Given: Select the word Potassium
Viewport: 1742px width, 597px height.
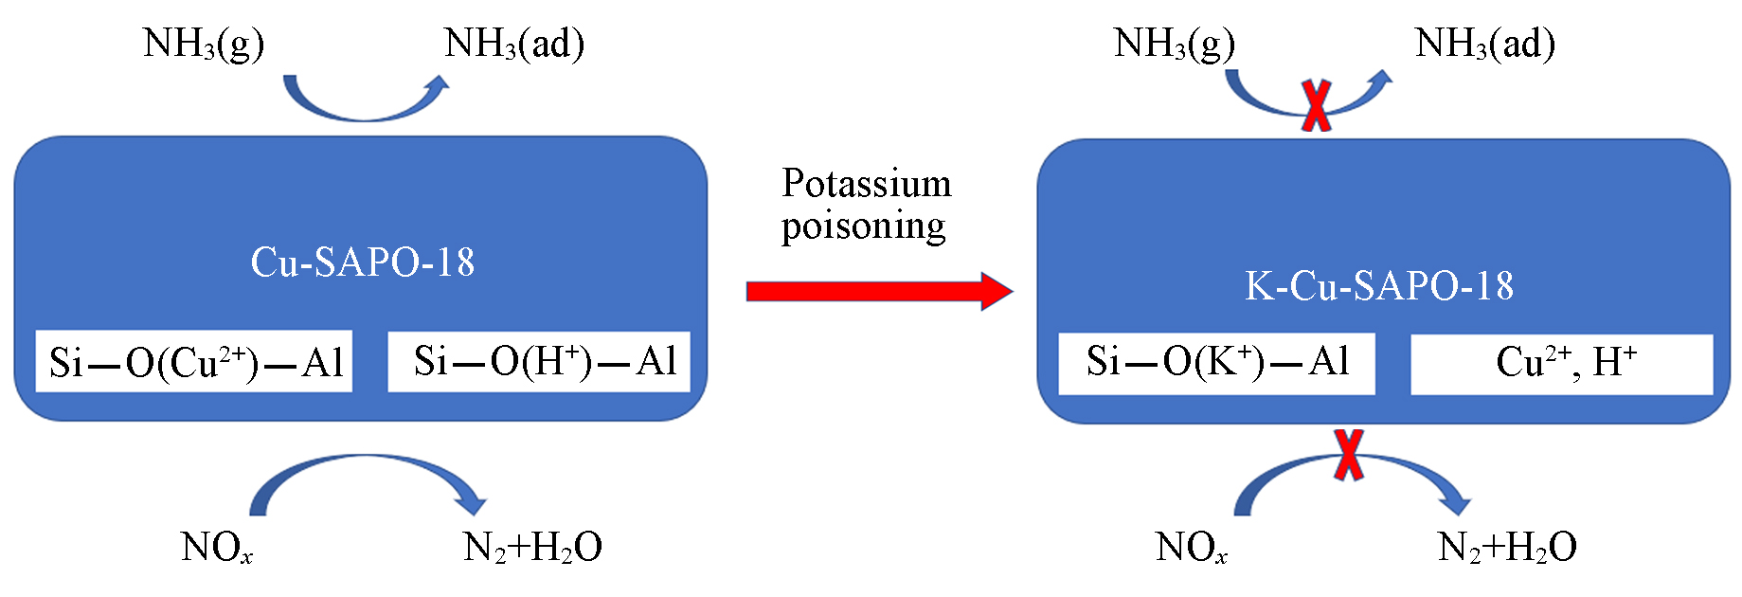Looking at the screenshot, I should [x=866, y=184].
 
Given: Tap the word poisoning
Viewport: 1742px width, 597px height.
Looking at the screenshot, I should [x=863, y=226].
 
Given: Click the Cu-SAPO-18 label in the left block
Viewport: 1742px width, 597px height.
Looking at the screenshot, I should [x=362, y=262].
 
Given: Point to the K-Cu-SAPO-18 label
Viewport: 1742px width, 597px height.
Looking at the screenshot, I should [x=1378, y=286].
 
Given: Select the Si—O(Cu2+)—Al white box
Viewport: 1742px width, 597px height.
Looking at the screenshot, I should [x=194, y=362].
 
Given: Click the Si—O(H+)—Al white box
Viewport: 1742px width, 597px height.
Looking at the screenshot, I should [x=539, y=362].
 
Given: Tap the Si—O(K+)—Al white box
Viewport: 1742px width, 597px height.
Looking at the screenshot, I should [x=1216, y=363].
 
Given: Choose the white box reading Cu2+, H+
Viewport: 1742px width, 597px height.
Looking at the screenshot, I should [x=1562, y=364].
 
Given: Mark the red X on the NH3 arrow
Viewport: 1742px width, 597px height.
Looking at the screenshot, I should [x=1317, y=105].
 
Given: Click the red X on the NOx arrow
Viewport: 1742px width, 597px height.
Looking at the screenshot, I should [x=1349, y=456].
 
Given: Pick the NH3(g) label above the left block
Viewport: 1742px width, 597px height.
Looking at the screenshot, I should [x=203, y=44].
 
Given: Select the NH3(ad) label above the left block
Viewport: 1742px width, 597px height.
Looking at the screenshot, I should [x=514, y=44].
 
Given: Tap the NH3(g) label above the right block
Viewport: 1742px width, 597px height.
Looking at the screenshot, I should [x=1175, y=44].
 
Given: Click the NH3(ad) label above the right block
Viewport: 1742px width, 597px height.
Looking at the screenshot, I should [x=1484, y=44].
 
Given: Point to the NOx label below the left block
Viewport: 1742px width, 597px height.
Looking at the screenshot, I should [x=217, y=548].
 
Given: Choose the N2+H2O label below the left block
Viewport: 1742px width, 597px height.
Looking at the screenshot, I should [x=532, y=548].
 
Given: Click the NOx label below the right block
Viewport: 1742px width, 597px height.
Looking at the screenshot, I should [x=1191, y=548].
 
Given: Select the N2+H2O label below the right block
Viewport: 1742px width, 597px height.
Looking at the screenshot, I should [x=1507, y=548].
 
